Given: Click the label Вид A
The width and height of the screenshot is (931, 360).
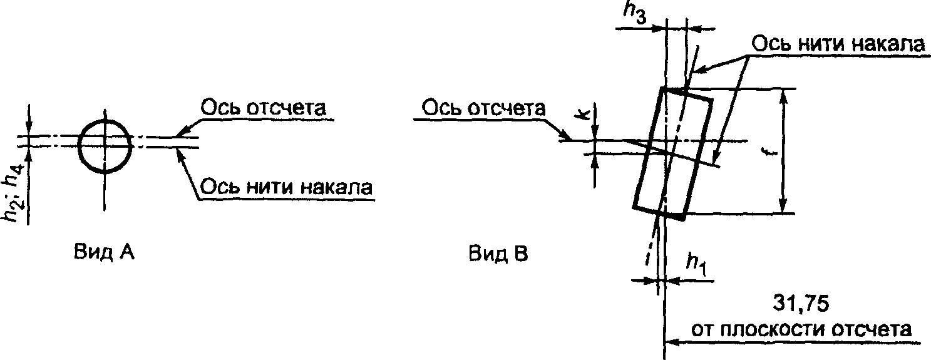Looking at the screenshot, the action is (x=105, y=252).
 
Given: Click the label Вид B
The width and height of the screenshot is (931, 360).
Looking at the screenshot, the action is (x=498, y=253).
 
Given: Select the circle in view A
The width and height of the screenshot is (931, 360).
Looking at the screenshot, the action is (x=105, y=147).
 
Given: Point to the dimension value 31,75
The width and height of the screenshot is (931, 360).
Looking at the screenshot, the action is (x=801, y=304).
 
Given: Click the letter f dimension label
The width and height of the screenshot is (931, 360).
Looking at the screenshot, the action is (x=770, y=153).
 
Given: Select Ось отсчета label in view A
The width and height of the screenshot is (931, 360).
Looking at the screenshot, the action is (x=263, y=108).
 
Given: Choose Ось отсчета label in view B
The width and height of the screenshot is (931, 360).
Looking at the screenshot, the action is (x=483, y=108).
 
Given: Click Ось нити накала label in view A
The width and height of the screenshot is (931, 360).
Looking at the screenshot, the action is (x=286, y=187).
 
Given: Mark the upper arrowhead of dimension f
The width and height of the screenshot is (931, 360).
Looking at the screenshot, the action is (x=783, y=97).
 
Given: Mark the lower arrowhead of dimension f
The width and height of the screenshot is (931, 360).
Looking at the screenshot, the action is (x=783, y=205).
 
